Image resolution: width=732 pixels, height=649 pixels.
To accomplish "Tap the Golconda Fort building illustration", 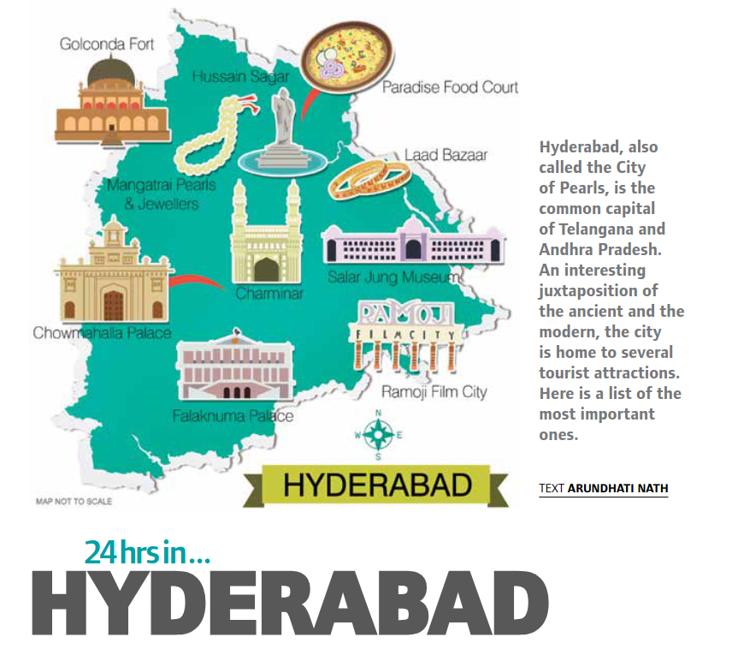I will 112,104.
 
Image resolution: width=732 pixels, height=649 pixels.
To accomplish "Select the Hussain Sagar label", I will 240,76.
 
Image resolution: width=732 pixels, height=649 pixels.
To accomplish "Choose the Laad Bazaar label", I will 446,155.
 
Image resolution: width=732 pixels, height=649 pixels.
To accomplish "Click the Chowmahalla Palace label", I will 102,333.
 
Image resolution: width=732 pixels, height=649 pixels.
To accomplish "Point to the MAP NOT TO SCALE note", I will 74,501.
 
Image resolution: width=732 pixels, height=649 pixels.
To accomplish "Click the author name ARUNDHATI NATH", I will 617,488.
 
